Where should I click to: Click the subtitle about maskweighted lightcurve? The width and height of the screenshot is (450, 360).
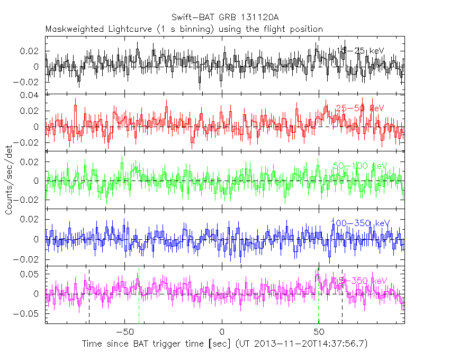coord(184,29)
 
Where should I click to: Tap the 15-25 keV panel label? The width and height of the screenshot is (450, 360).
coord(360,50)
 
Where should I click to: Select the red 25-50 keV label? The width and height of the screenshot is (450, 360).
coord(360,108)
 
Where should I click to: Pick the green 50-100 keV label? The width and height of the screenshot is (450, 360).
coord(360,166)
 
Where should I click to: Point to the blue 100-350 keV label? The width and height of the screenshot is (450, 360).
coord(360,223)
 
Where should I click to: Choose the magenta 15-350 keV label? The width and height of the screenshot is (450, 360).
coord(360,281)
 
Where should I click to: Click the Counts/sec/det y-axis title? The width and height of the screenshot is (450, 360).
coord(9,180)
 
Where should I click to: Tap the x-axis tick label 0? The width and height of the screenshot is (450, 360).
coord(222,331)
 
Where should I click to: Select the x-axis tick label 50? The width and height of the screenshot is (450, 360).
coord(319,331)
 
